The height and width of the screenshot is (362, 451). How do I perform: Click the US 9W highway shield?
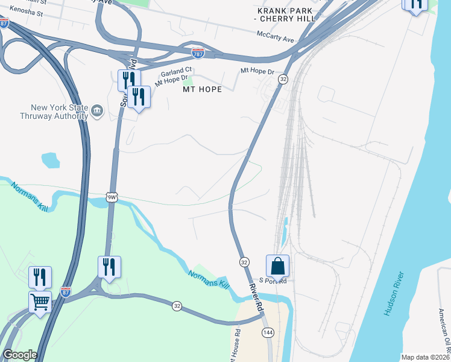click(110, 197)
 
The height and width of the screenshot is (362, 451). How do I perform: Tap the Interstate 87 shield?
click(66, 293)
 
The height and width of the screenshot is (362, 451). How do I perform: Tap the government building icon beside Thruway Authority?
click(96, 111)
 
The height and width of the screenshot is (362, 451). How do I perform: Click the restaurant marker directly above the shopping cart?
click(40, 277)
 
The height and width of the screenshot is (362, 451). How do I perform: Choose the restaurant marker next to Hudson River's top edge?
click(415, 5)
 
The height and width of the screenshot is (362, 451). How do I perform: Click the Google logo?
click(20, 355)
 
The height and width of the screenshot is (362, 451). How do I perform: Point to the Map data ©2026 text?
click(424, 357)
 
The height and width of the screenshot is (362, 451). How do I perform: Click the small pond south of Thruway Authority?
click(51, 160)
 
